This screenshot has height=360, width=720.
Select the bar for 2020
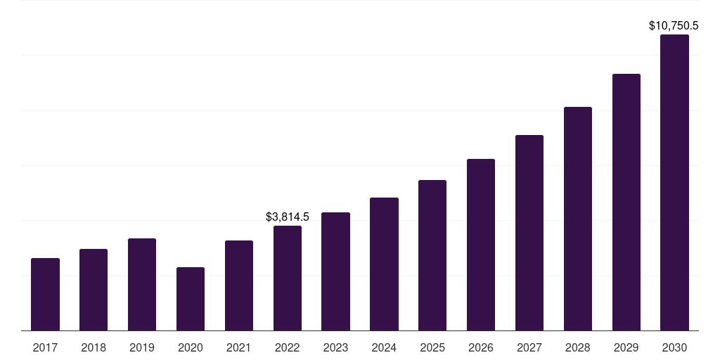(191, 299)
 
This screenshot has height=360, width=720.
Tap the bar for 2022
(288, 278)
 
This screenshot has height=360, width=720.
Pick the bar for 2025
(432, 255)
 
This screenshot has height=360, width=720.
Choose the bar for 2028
(578, 219)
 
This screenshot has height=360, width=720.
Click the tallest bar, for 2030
(674, 182)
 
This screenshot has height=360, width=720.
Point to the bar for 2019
(142, 284)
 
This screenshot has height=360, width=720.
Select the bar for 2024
(384, 264)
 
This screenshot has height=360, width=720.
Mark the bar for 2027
(529, 233)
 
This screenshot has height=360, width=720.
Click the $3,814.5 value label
(288, 217)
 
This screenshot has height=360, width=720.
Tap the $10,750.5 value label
(674, 26)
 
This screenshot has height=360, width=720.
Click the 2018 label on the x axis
(94, 347)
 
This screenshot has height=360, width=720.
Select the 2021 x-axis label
(239, 347)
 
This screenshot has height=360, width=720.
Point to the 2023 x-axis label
(335, 347)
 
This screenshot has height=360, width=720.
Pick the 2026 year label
(481, 347)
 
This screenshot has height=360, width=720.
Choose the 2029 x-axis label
(626, 347)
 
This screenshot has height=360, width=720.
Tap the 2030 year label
(674, 347)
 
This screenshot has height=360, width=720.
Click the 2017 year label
(45, 347)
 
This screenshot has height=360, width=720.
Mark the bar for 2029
(626, 202)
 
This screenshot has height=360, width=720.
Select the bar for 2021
(239, 285)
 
